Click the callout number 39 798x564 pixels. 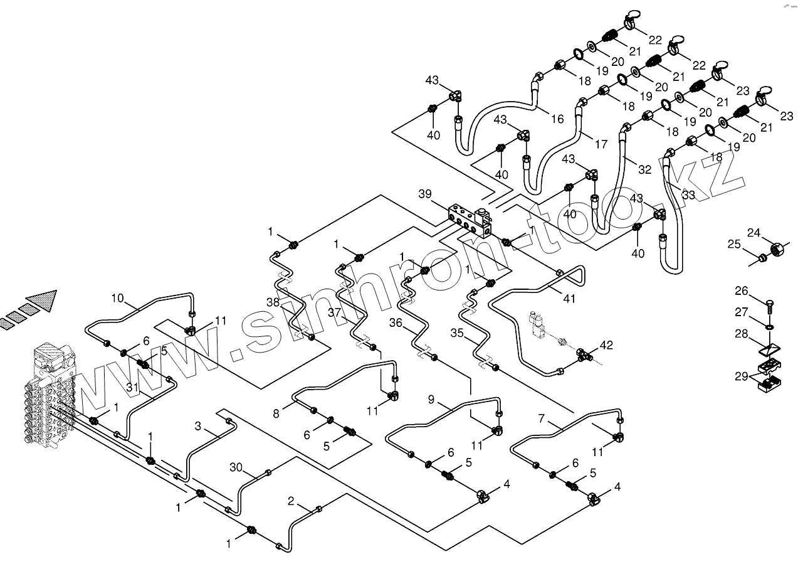coord(424,194)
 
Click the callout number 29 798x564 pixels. coord(742,376)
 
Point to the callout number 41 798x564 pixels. coord(569,299)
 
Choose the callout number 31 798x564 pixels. coord(132,388)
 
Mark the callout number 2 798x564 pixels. coord(291,501)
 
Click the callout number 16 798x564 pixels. coord(557,119)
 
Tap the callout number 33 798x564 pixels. coord(688,194)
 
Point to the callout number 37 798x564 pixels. coord(333,312)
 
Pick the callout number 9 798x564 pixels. coord(431,398)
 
